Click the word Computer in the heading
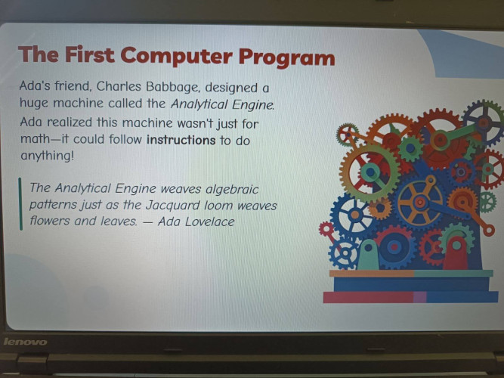click(176, 56)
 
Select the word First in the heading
click(90, 54)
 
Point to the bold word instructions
click(181, 141)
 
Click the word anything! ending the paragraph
click(48, 156)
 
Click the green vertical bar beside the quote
click(20, 204)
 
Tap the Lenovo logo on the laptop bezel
click(25, 341)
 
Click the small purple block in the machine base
click(420, 297)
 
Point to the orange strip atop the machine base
click(372, 274)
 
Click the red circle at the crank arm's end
click(489, 230)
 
